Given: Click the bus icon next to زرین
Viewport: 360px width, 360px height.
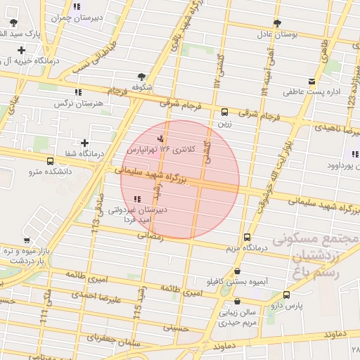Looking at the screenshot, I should click(x=224, y=112).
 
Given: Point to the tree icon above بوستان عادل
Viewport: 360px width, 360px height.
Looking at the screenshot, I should click(x=276, y=22).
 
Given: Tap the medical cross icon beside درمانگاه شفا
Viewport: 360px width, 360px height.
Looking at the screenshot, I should click(x=84, y=143).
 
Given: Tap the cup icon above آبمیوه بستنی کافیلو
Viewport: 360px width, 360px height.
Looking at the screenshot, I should click(x=236, y=271).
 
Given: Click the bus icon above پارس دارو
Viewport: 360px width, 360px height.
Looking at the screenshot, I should click(x=285, y=295).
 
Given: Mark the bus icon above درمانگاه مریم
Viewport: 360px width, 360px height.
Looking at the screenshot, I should click(x=246, y=238).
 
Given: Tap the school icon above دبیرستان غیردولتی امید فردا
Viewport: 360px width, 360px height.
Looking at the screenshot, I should click(x=136, y=199).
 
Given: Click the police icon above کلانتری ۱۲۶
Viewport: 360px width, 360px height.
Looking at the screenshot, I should click(x=160, y=138).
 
